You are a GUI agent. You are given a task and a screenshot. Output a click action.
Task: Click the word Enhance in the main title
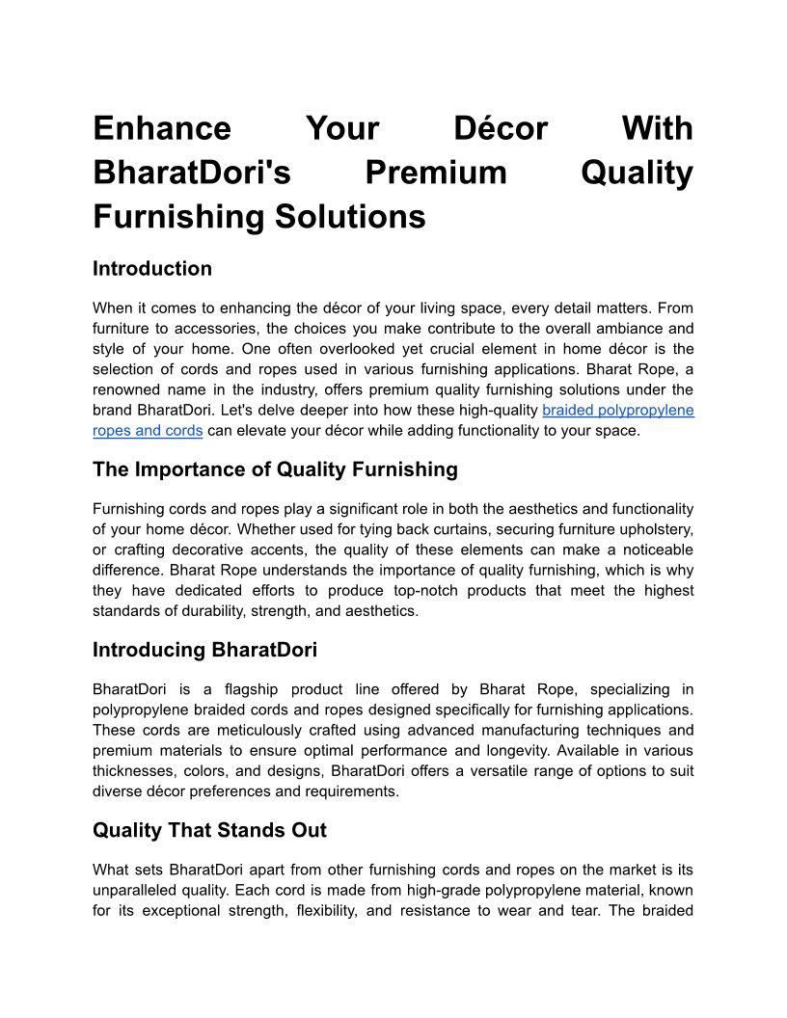pyautogui.click(x=162, y=129)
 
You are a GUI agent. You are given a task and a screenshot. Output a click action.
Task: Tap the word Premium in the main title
pyautogui.click(x=436, y=173)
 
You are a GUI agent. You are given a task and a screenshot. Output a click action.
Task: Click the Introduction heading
pyautogui.click(x=152, y=269)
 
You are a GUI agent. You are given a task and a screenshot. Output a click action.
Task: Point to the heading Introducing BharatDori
pyautogui.click(x=204, y=651)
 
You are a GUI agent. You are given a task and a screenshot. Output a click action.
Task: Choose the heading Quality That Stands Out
pyautogui.click(x=209, y=831)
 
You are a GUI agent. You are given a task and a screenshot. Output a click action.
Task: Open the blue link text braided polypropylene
pyautogui.click(x=618, y=411)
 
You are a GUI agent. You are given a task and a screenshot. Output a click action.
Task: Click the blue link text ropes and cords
pyautogui.click(x=148, y=431)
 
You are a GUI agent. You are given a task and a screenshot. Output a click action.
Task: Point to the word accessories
pyautogui.click(x=205, y=329)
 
